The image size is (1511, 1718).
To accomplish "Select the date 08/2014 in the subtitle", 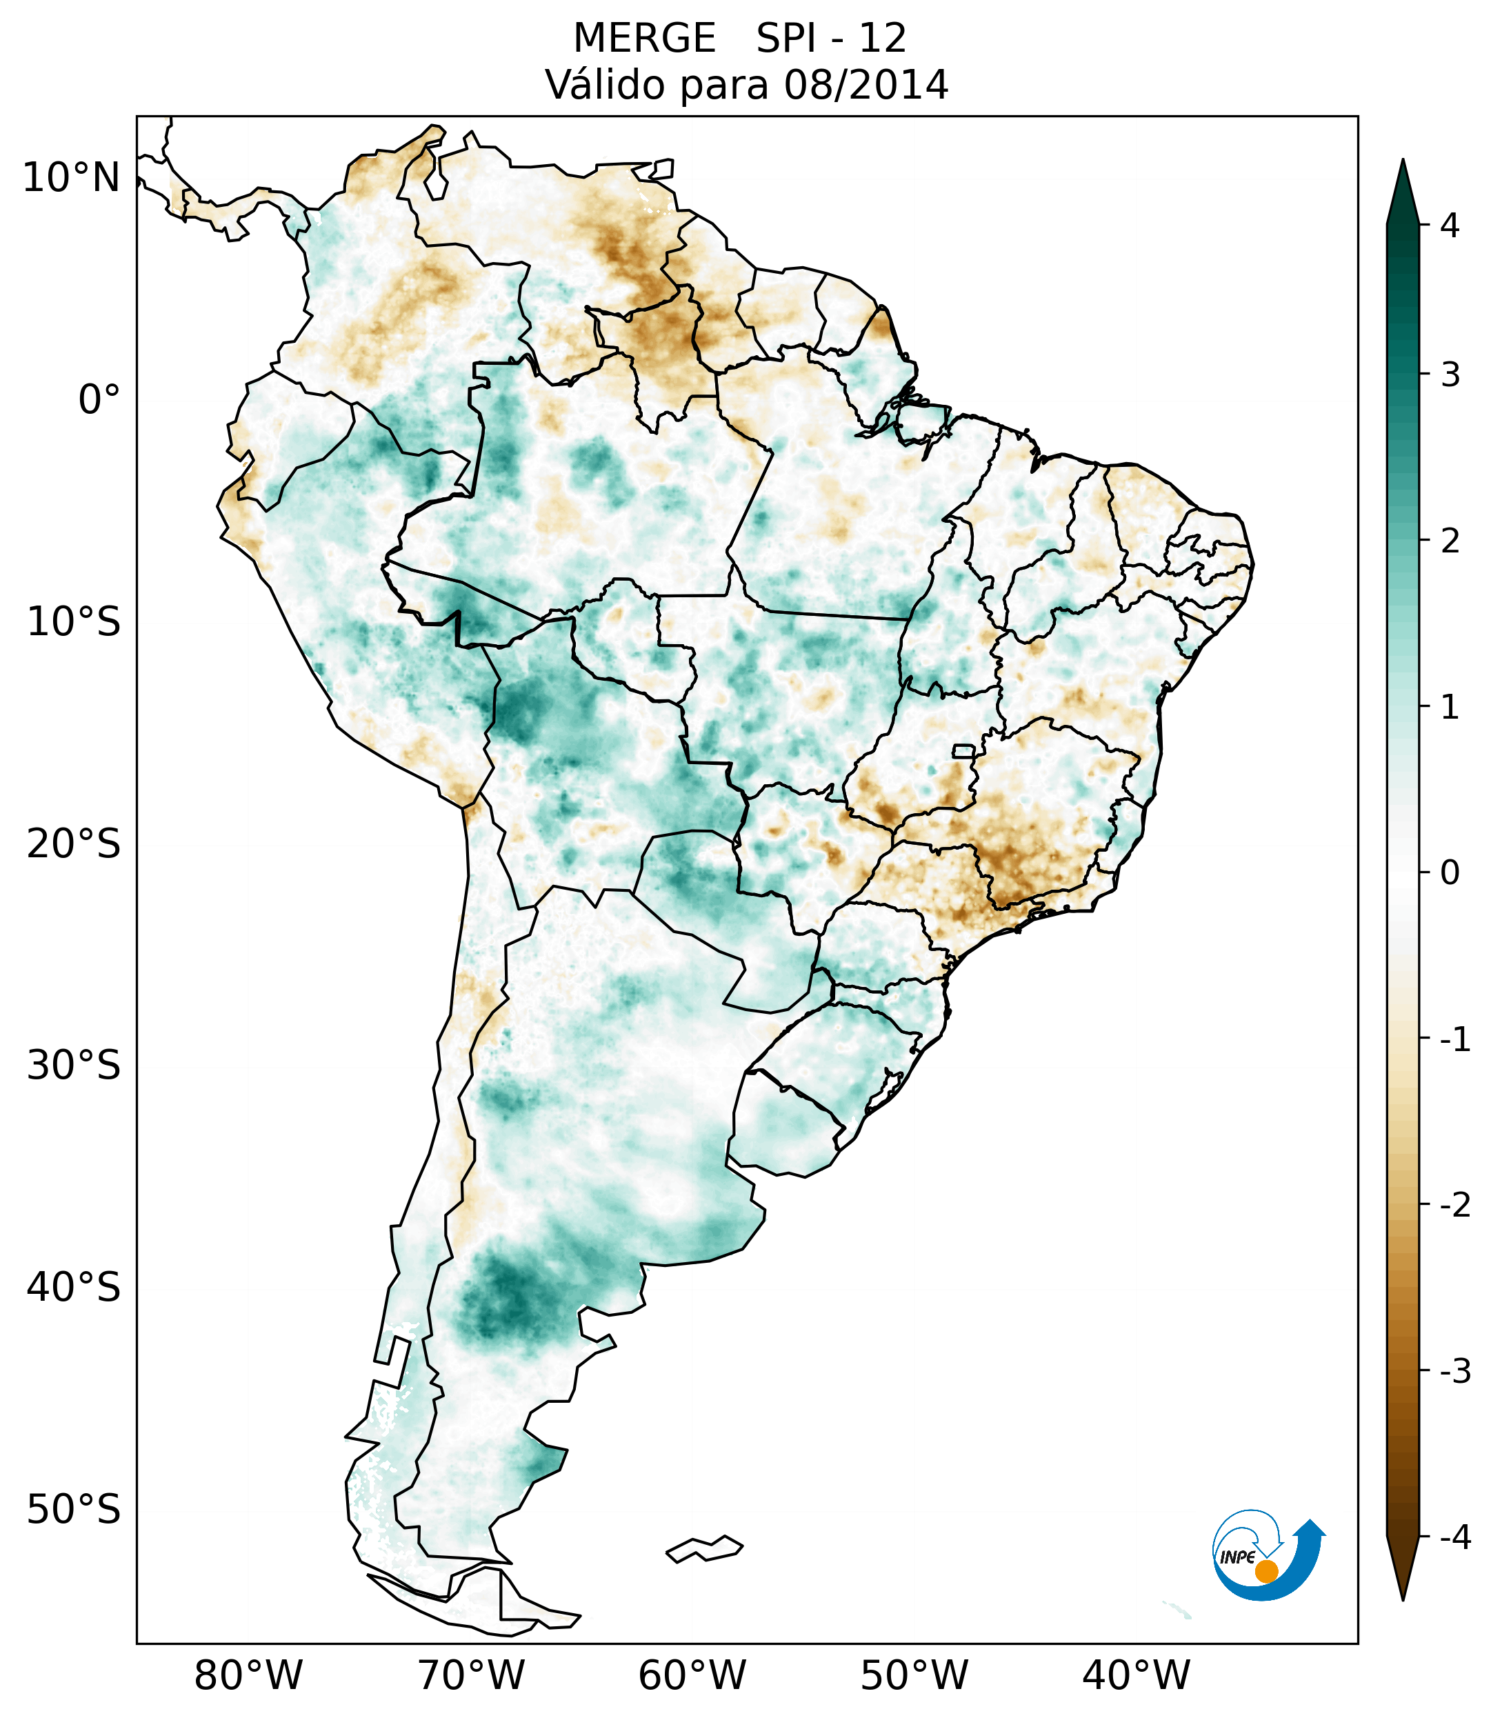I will pyautogui.click(x=865, y=85).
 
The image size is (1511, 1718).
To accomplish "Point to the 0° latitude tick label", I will pyautogui.click(x=99, y=400).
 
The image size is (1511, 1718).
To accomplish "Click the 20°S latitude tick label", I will pyautogui.click(x=74, y=844).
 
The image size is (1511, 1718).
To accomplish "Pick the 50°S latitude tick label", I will pyautogui.click(x=74, y=1510).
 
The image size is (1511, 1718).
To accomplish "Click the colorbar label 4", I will pyautogui.click(x=1450, y=226).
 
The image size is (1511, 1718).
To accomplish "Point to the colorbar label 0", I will pyautogui.click(x=1450, y=873).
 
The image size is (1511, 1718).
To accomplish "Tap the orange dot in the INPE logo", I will pyautogui.click(x=1266, y=1571).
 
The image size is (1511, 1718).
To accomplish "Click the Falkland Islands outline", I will pyautogui.click(x=704, y=1549).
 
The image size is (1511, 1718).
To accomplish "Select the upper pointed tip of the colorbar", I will pyautogui.click(x=1403, y=162).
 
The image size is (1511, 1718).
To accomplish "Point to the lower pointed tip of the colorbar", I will pyautogui.click(x=1403, y=1598).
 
